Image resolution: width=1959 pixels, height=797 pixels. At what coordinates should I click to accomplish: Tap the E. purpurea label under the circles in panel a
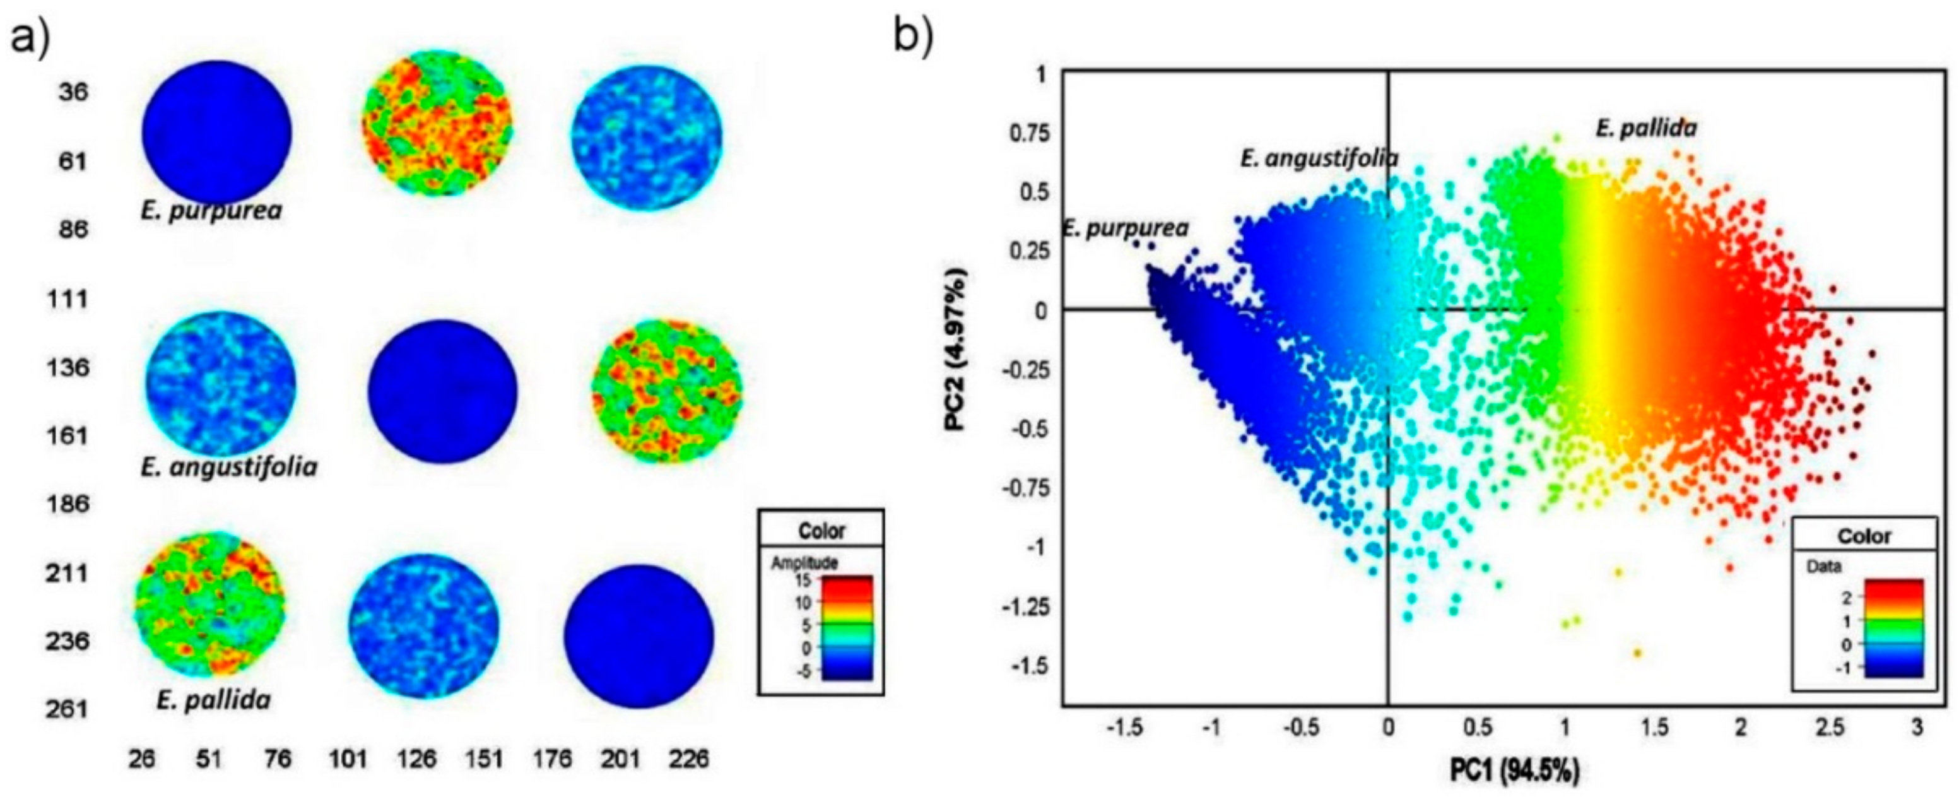point(211,210)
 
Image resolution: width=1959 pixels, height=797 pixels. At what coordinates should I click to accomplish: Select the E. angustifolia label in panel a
point(228,466)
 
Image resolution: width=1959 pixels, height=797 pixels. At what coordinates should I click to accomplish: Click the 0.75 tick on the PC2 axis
point(1029,134)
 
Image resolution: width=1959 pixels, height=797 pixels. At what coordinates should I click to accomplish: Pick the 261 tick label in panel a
point(68,709)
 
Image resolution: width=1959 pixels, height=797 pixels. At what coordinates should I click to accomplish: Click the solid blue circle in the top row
point(217,133)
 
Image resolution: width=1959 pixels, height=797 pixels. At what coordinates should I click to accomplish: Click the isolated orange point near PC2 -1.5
point(1637,652)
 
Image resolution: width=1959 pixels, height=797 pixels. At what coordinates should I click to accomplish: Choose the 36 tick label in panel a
point(73,92)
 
